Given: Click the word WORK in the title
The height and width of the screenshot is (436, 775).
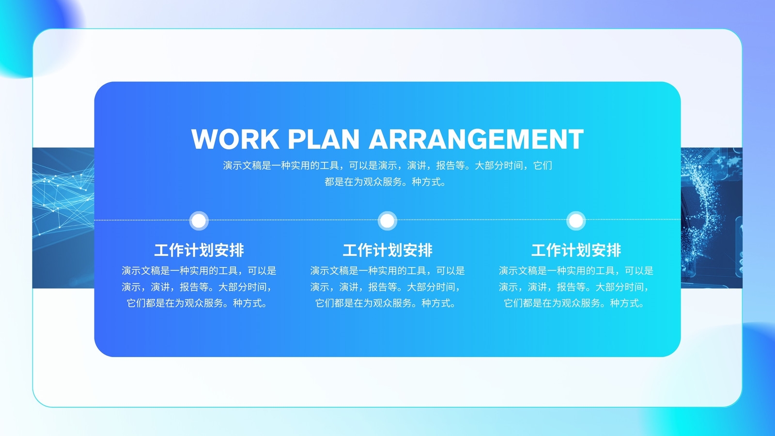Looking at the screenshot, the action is pyautogui.click(x=235, y=139).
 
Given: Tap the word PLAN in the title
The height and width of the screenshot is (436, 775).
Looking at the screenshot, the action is pyautogui.click(x=324, y=139).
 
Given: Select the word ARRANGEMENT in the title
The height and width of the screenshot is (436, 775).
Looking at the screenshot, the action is pyautogui.click(x=476, y=139).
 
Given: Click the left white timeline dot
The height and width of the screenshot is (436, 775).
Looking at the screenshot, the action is pyautogui.click(x=199, y=220).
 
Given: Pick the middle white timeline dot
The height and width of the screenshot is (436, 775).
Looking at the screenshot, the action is pyautogui.click(x=387, y=220).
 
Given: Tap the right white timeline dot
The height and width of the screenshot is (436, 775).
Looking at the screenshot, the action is pyautogui.click(x=576, y=220).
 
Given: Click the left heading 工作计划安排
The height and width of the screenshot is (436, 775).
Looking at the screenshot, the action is pyautogui.click(x=199, y=250).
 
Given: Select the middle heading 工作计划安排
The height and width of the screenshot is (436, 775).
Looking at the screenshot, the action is pyautogui.click(x=387, y=250).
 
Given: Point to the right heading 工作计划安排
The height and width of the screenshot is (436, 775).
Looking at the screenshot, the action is pyautogui.click(x=576, y=250).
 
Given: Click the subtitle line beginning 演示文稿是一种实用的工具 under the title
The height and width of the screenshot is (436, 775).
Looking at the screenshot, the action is pyautogui.click(x=387, y=166).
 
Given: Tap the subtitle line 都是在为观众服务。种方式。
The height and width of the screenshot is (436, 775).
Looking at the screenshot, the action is pyautogui.click(x=385, y=182).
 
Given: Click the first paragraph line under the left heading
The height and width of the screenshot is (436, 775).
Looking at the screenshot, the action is pyautogui.click(x=199, y=271).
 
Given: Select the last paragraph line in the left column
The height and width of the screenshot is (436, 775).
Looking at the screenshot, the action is pyautogui.click(x=197, y=303).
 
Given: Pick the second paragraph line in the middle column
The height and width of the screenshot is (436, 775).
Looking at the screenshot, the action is pyautogui.click(x=385, y=287).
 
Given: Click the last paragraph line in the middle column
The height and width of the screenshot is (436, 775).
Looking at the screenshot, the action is pyautogui.click(x=385, y=303).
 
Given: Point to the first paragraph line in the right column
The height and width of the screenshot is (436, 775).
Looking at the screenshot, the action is pyautogui.click(x=576, y=271).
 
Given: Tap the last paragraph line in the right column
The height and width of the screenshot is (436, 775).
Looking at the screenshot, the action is pyautogui.click(x=573, y=303).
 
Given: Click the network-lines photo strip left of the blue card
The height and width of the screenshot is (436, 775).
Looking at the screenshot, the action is pyautogui.click(x=63, y=218).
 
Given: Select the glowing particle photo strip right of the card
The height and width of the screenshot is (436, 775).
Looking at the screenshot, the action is pyautogui.click(x=712, y=218).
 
